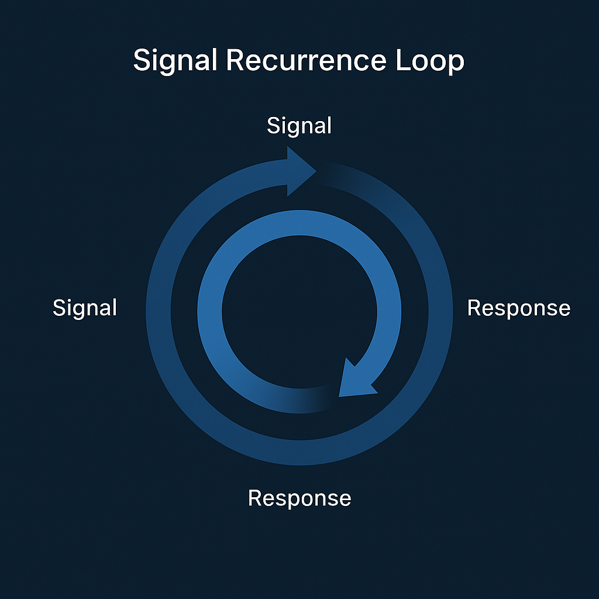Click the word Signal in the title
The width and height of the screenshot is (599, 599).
(175, 61)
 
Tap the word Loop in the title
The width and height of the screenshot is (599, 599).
(429, 61)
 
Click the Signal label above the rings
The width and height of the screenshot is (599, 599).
(299, 126)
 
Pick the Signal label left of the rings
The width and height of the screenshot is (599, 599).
(85, 308)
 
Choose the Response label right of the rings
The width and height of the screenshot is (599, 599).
(518, 308)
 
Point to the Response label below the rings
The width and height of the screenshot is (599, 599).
(299, 498)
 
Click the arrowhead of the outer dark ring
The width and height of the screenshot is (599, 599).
(298, 171)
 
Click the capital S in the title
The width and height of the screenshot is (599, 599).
(141, 61)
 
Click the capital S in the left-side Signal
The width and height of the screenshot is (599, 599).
(58, 308)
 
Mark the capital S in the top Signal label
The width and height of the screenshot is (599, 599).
(273, 126)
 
